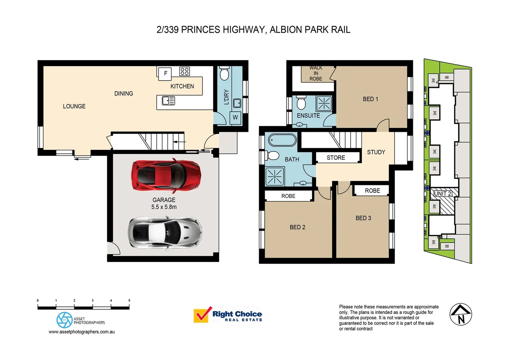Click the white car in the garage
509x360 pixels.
(165, 232)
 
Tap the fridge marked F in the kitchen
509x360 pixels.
(165, 73)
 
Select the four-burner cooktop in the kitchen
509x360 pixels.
(184, 71)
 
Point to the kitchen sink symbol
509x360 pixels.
(168, 101)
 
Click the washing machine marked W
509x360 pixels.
(235, 118)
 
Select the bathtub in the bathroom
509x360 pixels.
(282, 140)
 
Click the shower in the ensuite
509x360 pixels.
(324, 103)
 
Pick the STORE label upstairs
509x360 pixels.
(336, 158)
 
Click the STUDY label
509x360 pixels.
(376, 152)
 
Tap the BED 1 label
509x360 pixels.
(370, 99)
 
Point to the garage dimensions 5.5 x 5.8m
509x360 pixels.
(164, 207)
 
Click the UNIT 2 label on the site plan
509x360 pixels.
(442, 194)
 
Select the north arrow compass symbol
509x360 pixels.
(461, 314)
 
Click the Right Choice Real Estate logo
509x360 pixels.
(228, 315)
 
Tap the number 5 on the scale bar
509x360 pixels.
(129, 301)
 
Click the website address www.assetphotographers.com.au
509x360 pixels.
(82, 332)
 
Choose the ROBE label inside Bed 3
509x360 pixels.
(372, 191)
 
